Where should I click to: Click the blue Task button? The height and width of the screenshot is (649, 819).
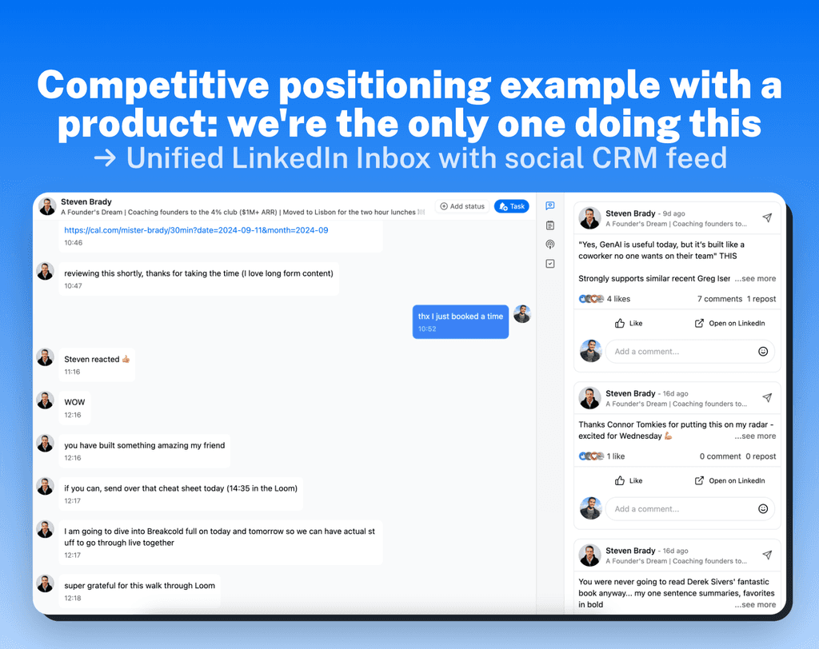point(511,206)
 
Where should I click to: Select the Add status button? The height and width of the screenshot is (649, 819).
point(462,206)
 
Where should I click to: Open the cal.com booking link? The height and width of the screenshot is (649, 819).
point(196,230)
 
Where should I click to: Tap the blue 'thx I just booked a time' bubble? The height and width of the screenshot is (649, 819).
point(460,321)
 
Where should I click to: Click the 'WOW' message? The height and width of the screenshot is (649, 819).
point(74,402)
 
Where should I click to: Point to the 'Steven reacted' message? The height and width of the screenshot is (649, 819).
point(96,360)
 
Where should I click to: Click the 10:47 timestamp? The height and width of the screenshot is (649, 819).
point(73,285)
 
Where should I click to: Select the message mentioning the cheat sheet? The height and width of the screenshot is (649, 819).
point(181,488)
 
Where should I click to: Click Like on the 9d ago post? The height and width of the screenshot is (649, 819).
point(629,324)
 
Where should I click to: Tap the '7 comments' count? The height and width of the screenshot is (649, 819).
point(719,299)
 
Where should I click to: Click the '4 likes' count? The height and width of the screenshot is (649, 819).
point(617,299)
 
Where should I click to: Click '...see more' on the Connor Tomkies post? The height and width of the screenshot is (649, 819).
point(755,436)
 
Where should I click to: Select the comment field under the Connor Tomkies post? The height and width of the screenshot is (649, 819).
point(680,509)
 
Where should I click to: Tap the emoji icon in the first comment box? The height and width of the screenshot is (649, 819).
point(763,352)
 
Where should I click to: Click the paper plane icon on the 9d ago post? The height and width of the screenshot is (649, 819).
point(767,217)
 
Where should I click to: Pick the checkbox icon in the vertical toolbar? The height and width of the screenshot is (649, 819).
point(550,264)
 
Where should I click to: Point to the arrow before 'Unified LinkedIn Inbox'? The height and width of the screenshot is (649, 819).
point(104,157)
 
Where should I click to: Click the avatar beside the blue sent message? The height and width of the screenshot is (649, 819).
point(522,314)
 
